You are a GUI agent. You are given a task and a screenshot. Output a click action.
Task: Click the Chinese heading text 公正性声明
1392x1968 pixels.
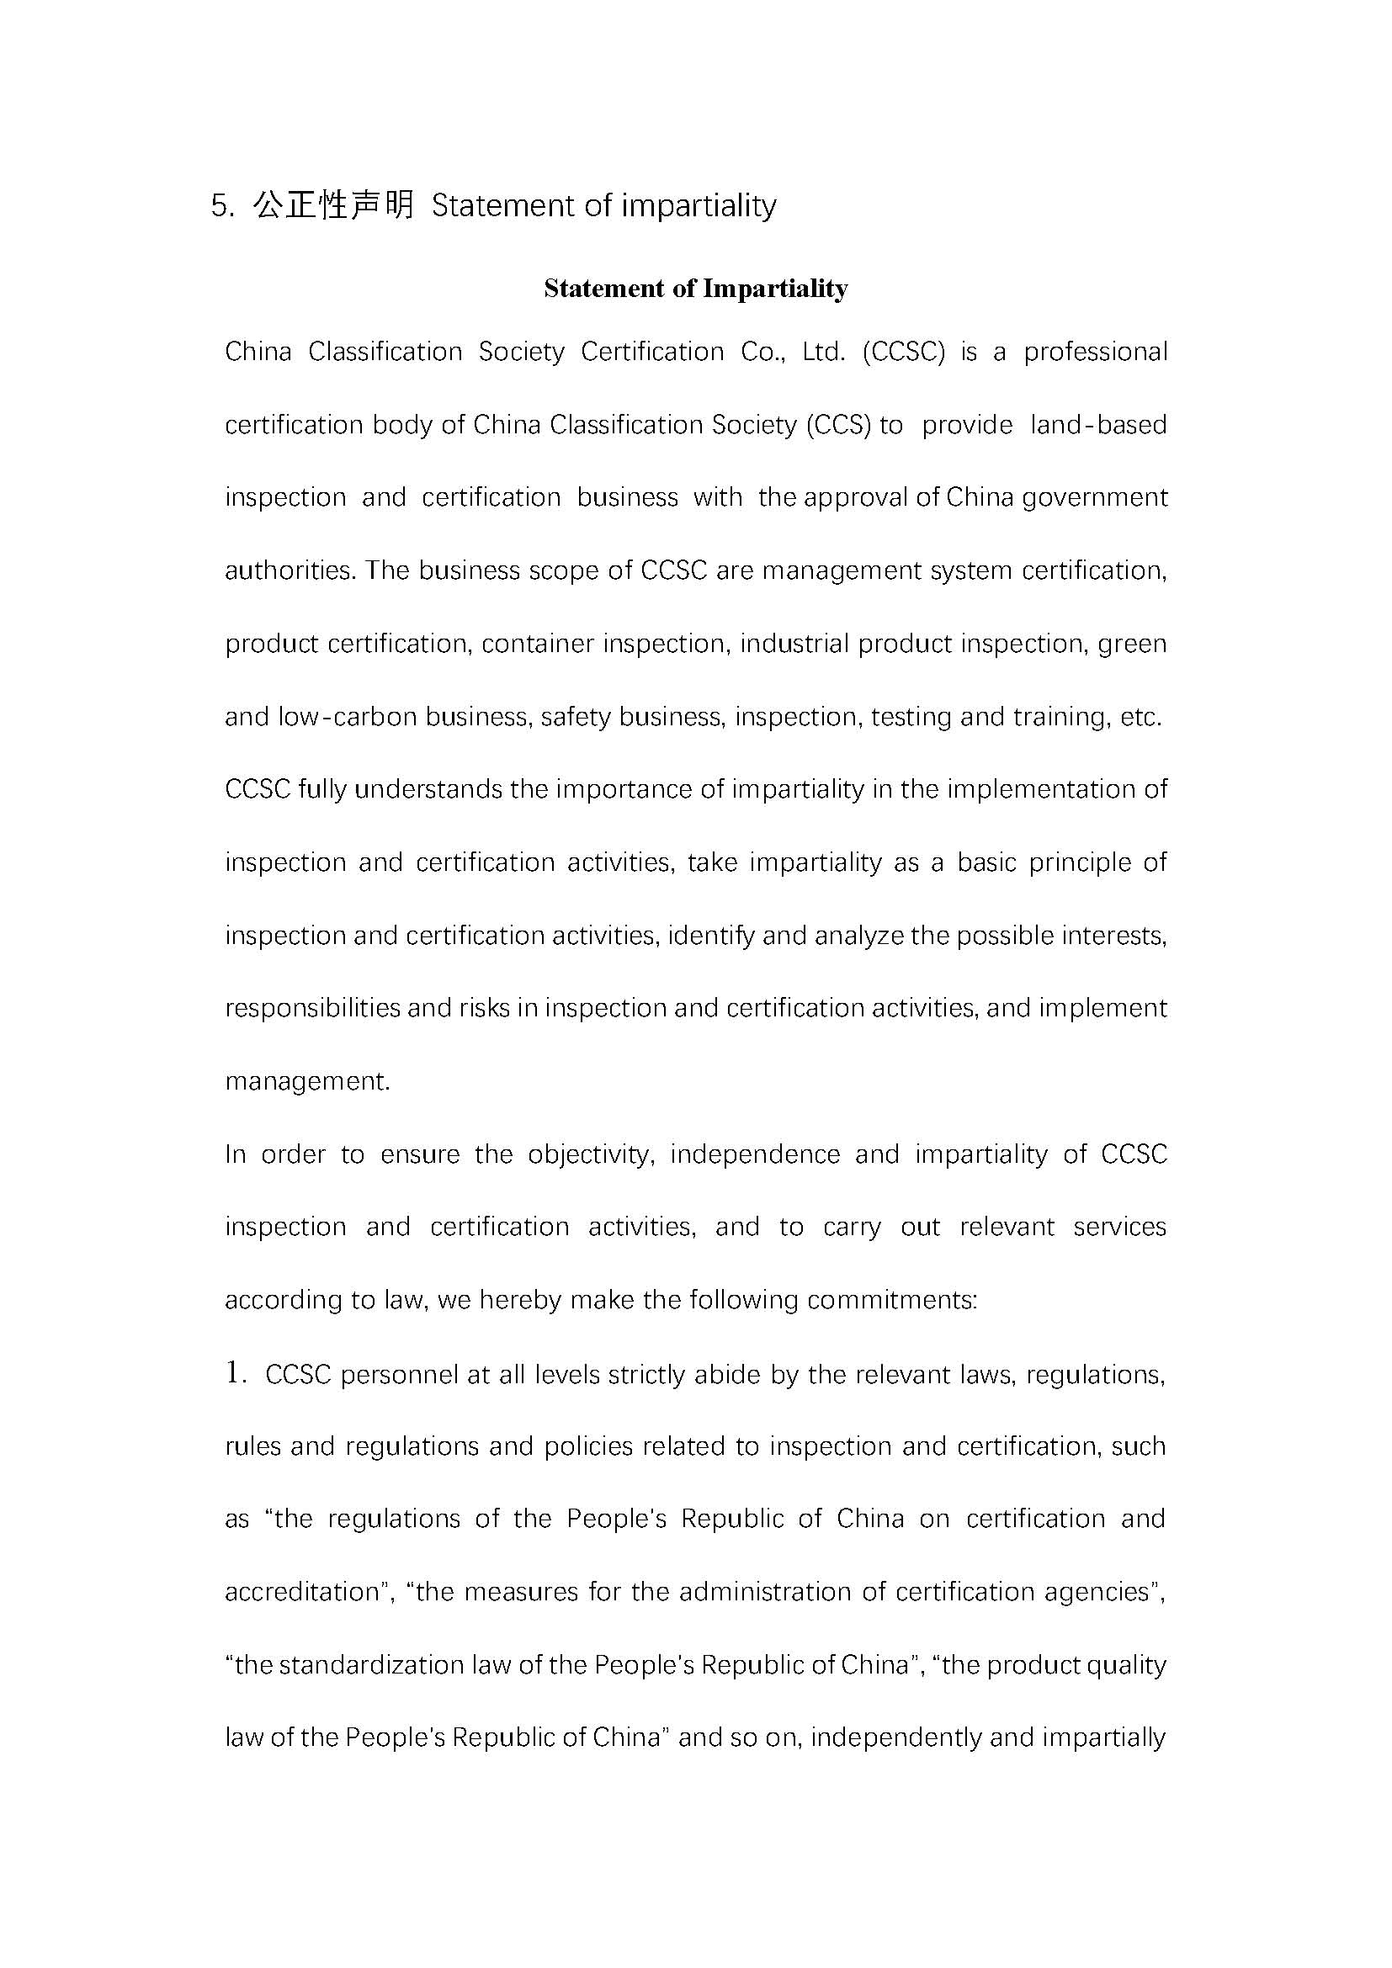coord(334,205)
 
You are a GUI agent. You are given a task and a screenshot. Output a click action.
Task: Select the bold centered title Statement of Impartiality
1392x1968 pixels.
coord(695,288)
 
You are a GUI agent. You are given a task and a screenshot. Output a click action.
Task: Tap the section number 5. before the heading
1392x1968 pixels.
coord(222,207)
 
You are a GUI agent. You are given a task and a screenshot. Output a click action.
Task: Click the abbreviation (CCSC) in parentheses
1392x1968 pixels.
coord(903,353)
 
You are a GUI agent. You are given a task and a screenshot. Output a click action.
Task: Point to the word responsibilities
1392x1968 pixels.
coord(312,1008)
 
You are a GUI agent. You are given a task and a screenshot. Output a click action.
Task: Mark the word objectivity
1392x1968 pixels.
coord(592,1154)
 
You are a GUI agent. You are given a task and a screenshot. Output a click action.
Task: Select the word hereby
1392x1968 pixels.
coord(520,1300)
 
